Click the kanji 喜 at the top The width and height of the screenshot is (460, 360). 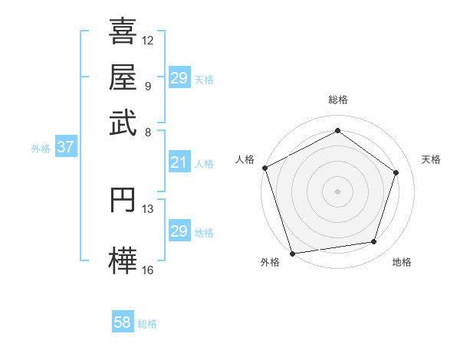click(x=123, y=32)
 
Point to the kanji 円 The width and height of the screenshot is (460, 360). click(x=123, y=199)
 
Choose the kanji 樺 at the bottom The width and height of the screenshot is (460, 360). click(x=123, y=258)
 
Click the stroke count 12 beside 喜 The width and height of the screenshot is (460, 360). click(x=148, y=40)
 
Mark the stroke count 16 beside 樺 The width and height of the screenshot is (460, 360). click(x=148, y=270)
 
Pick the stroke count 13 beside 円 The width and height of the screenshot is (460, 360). click(x=148, y=208)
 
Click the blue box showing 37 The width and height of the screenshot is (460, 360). click(x=65, y=148)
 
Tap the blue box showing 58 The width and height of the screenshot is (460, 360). click(x=123, y=322)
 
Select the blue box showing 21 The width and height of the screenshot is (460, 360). click(x=179, y=162)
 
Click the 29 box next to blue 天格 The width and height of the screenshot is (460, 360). click(x=179, y=78)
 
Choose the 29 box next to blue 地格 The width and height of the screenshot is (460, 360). click(x=179, y=231)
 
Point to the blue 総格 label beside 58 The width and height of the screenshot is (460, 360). click(x=147, y=324)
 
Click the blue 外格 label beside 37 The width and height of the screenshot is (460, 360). click(x=41, y=149)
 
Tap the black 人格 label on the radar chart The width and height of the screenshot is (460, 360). click(x=245, y=159)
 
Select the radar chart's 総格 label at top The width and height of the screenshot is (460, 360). click(x=337, y=100)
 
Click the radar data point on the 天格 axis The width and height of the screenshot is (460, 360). click(x=396, y=172)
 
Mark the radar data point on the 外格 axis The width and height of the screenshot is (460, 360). click(x=292, y=253)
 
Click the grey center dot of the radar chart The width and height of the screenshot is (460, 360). click(x=337, y=191)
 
